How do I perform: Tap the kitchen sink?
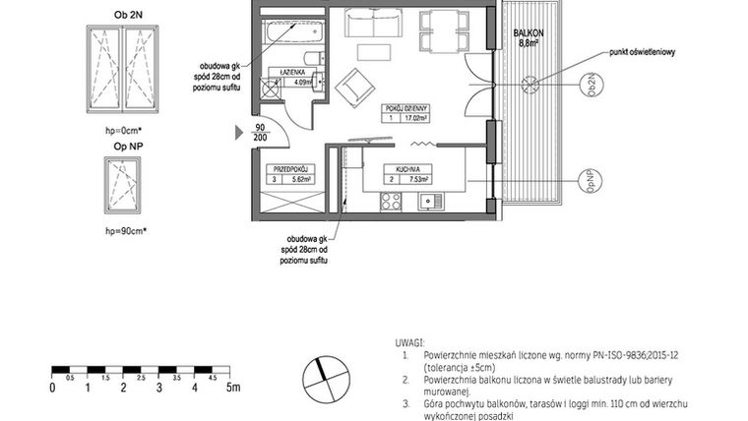428,203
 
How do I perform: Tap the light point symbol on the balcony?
530,84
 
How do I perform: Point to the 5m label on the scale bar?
233,389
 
